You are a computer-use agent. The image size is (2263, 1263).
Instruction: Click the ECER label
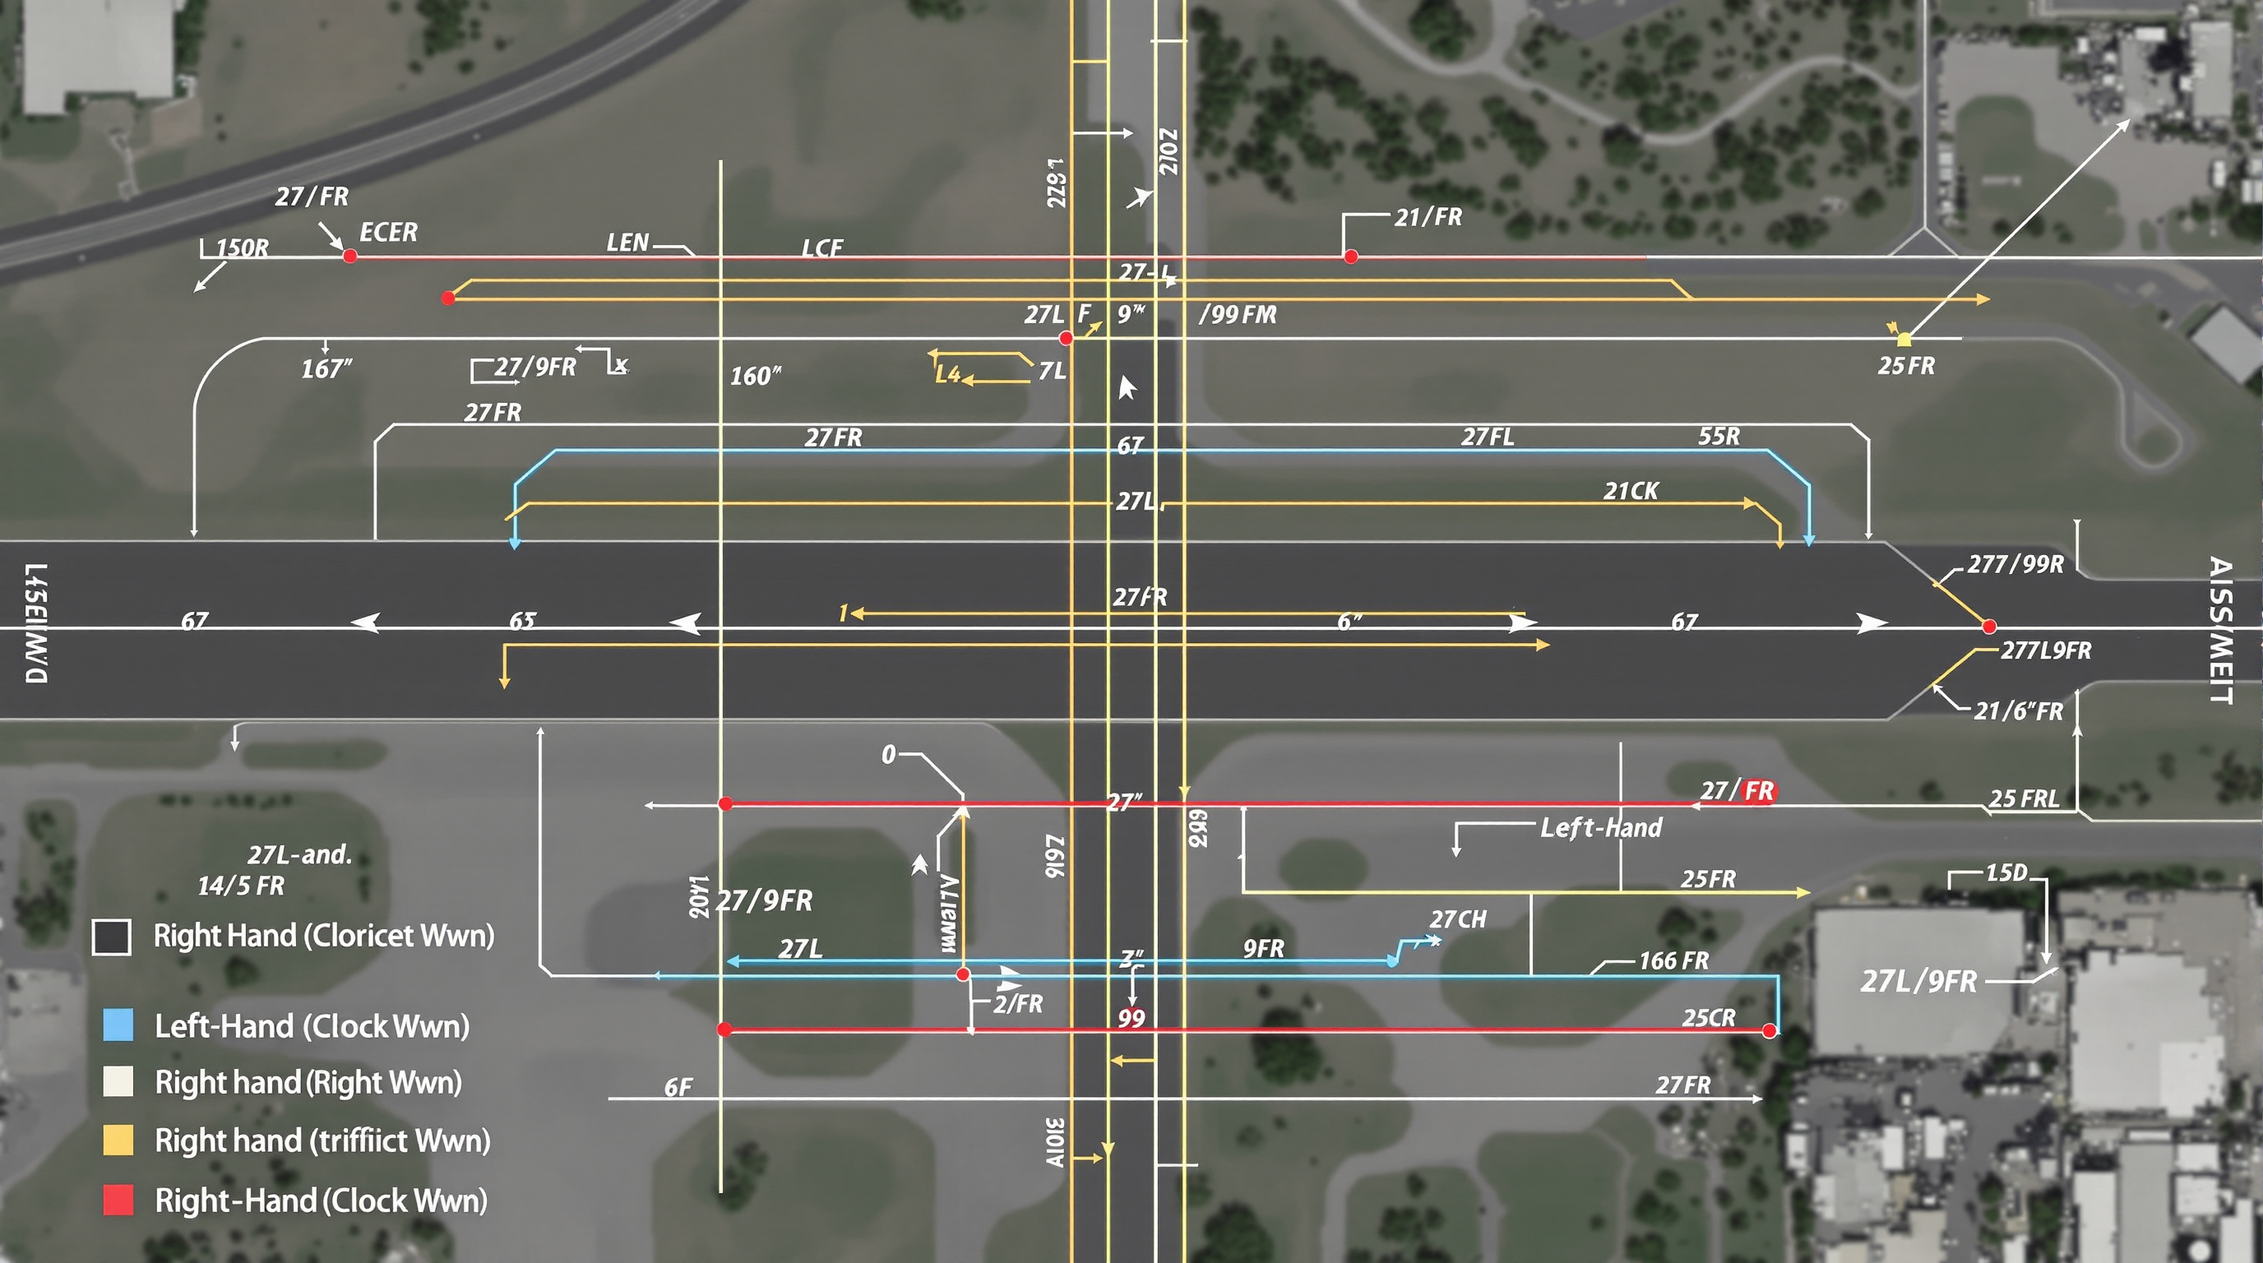[388, 233]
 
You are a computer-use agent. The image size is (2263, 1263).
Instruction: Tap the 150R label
[243, 248]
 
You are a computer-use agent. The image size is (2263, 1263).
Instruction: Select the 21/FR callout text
[1428, 217]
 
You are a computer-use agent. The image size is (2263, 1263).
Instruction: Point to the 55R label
[1719, 436]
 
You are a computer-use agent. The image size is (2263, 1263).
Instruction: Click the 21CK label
[1631, 491]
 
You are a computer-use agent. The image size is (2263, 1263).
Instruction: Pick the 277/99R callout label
[2015, 564]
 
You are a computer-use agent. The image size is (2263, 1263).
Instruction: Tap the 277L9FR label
[2046, 650]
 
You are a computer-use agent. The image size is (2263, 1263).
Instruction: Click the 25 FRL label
[2023, 798]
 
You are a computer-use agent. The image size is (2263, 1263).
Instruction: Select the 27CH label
[1458, 919]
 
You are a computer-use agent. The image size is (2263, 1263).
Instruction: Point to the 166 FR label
[1673, 961]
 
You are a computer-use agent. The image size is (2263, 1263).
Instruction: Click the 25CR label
[1709, 1018]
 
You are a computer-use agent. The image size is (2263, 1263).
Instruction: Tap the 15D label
[2006, 873]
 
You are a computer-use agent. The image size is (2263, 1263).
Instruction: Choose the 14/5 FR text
[241, 886]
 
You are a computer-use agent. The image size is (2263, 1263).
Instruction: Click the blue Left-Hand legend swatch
[118, 1025]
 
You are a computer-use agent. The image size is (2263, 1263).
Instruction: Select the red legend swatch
[118, 1200]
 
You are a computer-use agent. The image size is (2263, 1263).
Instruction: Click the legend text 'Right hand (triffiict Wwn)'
[322, 1141]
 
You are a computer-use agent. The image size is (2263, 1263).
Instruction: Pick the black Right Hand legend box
[112, 937]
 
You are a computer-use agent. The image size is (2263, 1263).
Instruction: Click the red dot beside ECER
[349, 257]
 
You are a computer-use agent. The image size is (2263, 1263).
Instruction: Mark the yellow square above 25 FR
[1904, 339]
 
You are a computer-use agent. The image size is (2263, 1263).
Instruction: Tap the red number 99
[1131, 1019]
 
